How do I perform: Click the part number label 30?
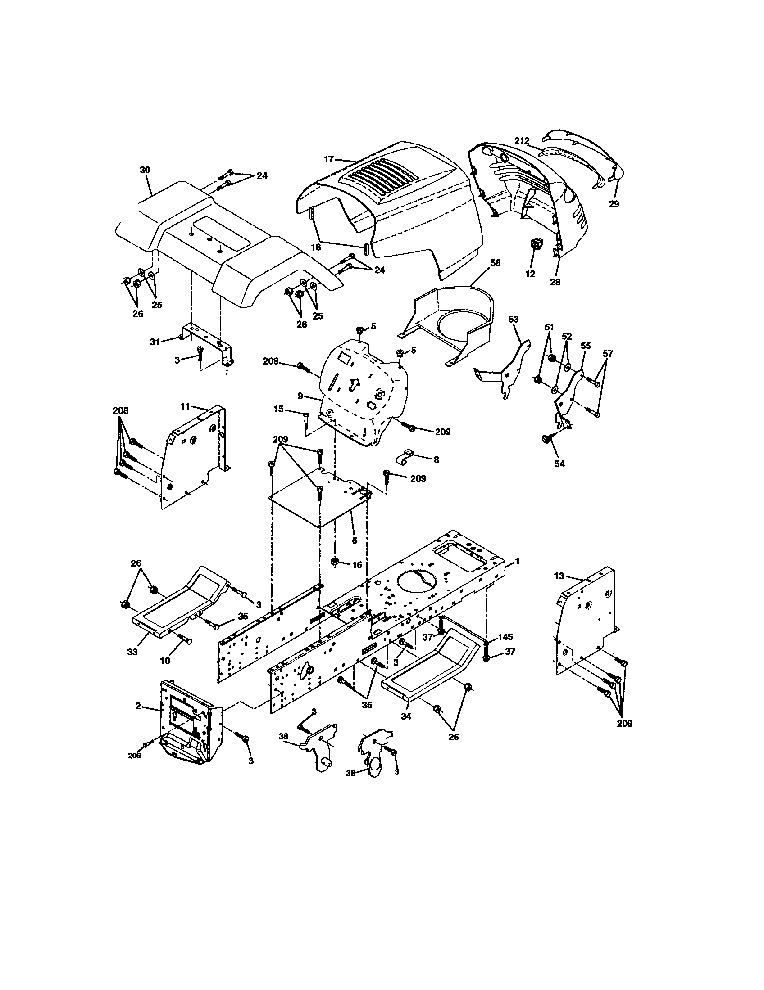145,170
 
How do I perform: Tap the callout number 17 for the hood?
329,159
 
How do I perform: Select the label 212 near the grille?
522,141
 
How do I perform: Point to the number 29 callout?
614,204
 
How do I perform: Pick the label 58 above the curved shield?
496,263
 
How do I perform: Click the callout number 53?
513,319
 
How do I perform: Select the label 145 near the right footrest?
505,637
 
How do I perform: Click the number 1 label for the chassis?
517,561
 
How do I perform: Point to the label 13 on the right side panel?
559,576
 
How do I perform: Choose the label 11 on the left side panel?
185,406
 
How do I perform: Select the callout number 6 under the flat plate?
355,540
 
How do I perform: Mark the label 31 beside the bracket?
155,342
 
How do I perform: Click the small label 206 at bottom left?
135,756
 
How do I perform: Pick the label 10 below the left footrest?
165,661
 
